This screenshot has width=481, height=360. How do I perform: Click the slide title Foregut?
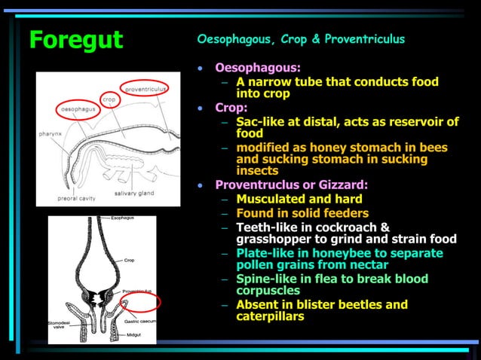click(75, 41)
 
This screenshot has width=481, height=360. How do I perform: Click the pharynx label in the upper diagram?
click(51, 133)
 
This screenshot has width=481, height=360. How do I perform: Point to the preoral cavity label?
click(75, 199)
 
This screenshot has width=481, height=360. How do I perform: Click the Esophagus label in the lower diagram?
click(124, 218)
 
